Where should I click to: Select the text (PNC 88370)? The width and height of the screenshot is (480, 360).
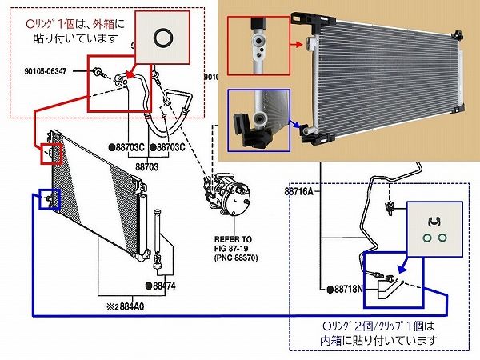coord(237,258)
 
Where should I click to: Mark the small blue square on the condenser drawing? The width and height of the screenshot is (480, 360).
coord(49,198)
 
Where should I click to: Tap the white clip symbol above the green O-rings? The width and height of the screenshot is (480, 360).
coord(434,221)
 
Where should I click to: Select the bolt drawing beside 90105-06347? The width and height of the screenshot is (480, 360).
coord(98,74)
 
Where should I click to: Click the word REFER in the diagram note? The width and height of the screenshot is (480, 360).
coord(224,239)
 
